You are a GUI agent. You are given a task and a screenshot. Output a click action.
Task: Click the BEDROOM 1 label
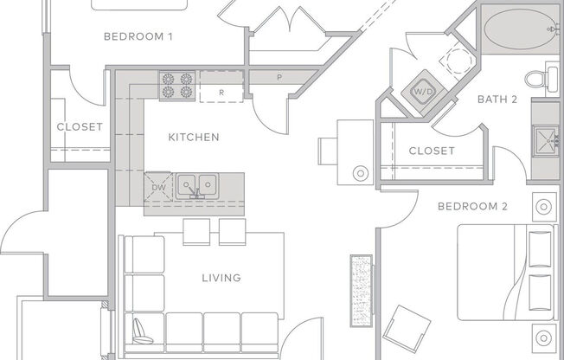pyautogui.click(x=138, y=36)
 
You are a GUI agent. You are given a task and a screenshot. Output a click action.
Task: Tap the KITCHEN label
pyautogui.click(x=193, y=137)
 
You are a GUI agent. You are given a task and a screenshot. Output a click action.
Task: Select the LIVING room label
pyautogui.click(x=221, y=278)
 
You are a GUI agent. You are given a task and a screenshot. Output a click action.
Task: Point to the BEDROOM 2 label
pyautogui.click(x=471, y=206)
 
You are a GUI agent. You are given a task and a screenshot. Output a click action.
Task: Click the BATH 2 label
pyautogui.click(x=497, y=100)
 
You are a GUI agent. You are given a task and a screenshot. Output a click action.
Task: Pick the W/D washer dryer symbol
pyautogui.click(x=423, y=90)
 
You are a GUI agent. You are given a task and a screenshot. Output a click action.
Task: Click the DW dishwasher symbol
pyautogui.click(x=158, y=187)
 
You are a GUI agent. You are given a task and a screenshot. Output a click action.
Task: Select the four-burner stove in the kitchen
pyautogui.click(x=178, y=86)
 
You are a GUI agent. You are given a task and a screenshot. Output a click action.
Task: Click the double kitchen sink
pyautogui.click(x=198, y=184)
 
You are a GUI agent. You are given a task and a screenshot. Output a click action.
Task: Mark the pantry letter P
pyautogui.click(x=279, y=78)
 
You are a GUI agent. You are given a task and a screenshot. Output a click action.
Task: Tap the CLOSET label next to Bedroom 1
pyautogui.click(x=80, y=126)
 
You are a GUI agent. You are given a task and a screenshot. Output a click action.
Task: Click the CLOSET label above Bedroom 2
pyautogui.click(x=431, y=151)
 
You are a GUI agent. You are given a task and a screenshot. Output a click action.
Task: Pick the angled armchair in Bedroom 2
pyautogui.click(x=407, y=330)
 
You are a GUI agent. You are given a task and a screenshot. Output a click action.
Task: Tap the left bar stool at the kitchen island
pyautogui.click(x=196, y=231)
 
